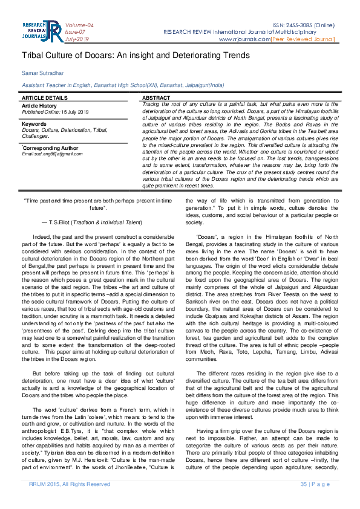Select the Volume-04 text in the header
click(79, 24)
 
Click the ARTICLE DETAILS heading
click(45, 97)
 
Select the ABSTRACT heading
click(156, 97)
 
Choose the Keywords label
click(34, 124)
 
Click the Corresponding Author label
click(51, 148)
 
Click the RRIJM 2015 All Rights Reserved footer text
click(70, 484)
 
